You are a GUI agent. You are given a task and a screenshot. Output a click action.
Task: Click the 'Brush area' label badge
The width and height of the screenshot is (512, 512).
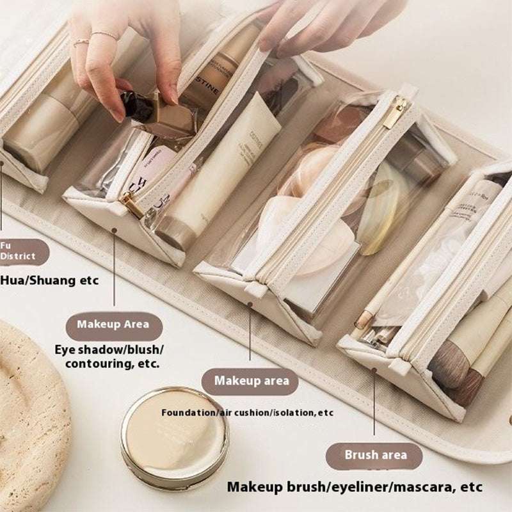pos(375,455)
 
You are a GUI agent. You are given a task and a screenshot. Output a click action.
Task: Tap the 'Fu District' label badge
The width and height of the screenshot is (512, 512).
pos(22,252)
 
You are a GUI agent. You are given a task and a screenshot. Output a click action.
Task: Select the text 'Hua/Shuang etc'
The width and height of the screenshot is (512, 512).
pos(50,280)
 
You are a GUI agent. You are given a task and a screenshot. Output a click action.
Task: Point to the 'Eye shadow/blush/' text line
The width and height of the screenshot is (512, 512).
pos(109,349)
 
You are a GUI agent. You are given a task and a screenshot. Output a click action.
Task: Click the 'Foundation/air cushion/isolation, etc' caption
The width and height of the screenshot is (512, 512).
pos(248,413)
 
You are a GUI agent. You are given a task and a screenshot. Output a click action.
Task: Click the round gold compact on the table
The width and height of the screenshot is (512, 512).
pos(174,429)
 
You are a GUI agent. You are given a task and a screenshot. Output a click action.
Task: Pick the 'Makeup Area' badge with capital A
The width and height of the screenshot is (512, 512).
pos(114,324)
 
